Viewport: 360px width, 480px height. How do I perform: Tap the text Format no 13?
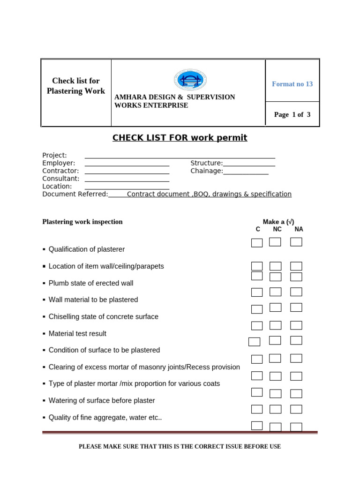coord(292,84)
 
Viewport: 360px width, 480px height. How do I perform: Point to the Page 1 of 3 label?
coord(292,114)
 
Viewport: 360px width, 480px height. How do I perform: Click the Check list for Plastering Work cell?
coord(76,86)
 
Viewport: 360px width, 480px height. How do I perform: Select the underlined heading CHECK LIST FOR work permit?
coord(180,138)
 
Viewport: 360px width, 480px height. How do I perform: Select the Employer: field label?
coord(59,163)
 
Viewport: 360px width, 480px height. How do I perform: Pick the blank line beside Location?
coord(127,188)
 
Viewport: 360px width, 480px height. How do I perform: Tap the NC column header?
coord(277,229)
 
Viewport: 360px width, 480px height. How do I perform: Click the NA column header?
coord(299,229)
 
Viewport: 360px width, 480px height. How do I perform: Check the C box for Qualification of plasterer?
coord(257,243)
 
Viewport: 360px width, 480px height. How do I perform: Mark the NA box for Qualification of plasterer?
coord(296,242)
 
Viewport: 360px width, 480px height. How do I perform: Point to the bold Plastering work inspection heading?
coord(82,222)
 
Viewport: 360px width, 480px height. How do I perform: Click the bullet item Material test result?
coord(77,334)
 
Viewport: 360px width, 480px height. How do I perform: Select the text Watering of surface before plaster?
coord(102,401)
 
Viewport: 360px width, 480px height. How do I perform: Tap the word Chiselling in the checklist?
coord(65,317)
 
